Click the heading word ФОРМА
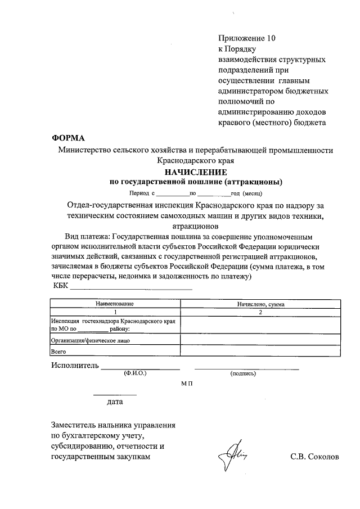point(68,138)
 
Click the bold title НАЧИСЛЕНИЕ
point(195,172)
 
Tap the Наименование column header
point(115,304)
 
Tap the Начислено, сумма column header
point(260,304)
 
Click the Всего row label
point(59,352)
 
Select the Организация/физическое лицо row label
point(91,340)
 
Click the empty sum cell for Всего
point(260,352)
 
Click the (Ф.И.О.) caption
point(135,373)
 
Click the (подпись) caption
point(242,373)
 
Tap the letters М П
point(187,382)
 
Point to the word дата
point(115,402)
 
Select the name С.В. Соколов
point(315,457)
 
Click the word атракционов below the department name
point(195,224)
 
